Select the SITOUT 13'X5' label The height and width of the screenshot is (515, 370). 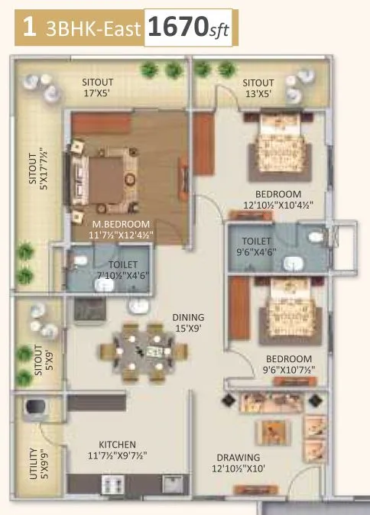(x=258, y=89)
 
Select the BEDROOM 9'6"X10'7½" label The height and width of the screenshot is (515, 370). (x=288, y=364)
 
